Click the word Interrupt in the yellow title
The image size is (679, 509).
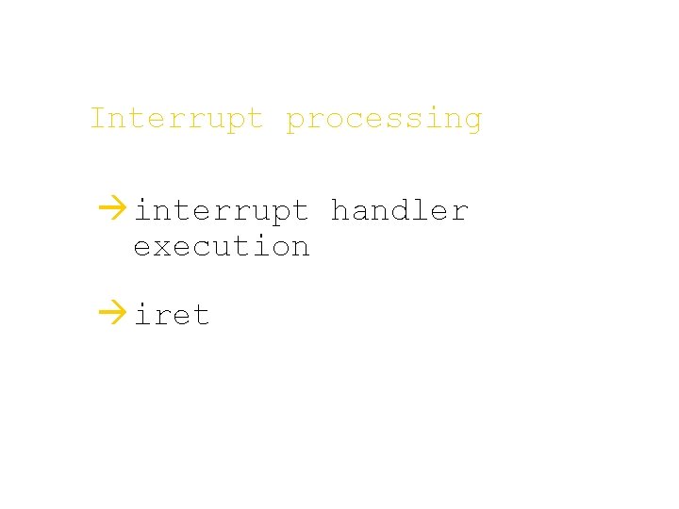tap(176, 119)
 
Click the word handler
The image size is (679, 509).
tap(399, 209)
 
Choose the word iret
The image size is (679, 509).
tap(172, 314)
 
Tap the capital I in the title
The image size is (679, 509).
tap(99, 119)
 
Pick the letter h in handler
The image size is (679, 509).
tap(339, 209)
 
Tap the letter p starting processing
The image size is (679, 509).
tap(296, 122)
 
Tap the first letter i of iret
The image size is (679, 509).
tap(143, 314)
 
